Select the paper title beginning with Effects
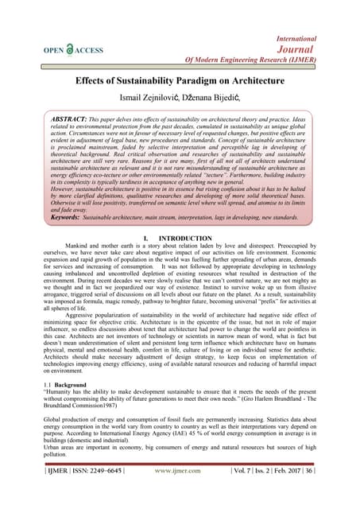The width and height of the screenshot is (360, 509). pyautogui.click(x=180, y=81)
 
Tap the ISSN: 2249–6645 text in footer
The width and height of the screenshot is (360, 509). pyautogui.click(x=99, y=492)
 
